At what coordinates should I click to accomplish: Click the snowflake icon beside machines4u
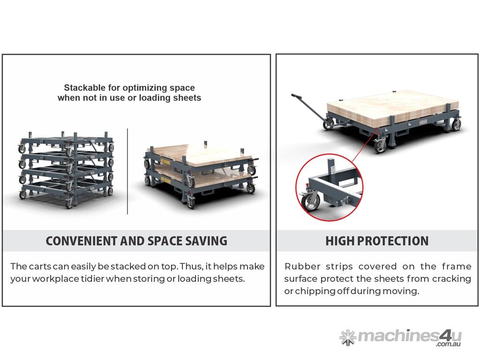coord(348,337)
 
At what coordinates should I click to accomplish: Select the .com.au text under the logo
coord(449,345)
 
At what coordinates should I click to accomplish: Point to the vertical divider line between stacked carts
coord(127,172)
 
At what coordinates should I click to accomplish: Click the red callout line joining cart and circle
coord(365,145)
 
